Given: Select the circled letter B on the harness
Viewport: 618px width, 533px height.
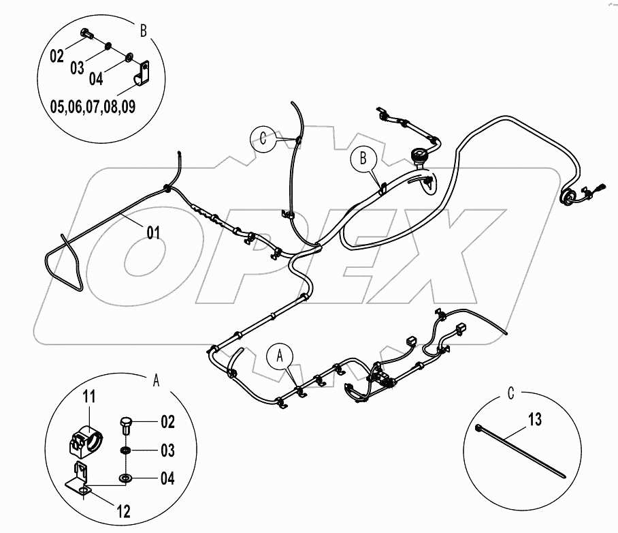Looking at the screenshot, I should click(x=363, y=159).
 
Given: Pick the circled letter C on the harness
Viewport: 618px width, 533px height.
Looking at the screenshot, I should click(x=263, y=138).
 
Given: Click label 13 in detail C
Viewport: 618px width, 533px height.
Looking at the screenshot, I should click(x=535, y=420).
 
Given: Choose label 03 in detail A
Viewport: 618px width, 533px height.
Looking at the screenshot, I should click(x=166, y=451).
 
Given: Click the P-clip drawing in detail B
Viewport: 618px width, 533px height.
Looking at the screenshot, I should click(x=140, y=76).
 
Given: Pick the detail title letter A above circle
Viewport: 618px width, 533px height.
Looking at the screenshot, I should click(x=156, y=381).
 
